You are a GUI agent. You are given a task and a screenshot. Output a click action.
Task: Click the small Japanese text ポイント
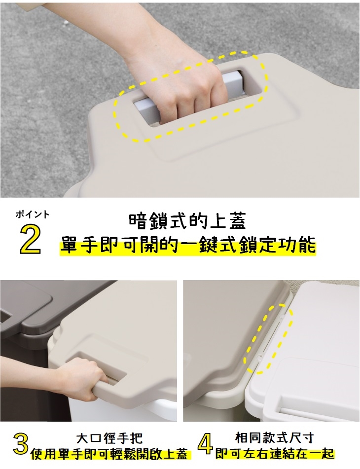(x=32, y=214)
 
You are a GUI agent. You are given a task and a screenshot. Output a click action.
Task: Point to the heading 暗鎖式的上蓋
(x=187, y=221)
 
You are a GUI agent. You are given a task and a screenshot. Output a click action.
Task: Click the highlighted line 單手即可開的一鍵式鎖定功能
(x=188, y=245)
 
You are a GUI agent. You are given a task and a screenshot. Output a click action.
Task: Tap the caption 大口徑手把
(x=109, y=438)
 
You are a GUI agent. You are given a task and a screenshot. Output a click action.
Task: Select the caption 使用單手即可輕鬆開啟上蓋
(x=109, y=454)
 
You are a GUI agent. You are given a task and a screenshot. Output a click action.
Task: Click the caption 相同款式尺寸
(x=275, y=437)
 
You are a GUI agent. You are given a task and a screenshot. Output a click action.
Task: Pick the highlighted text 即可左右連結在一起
(x=275, y=454)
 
